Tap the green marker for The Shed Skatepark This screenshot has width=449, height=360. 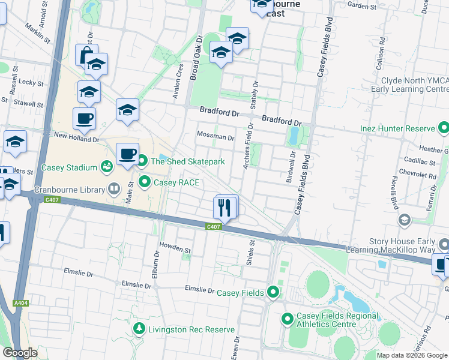pos(142,161)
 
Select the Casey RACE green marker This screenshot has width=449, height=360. pos(145,181)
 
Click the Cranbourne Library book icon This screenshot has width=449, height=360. pos(114,190)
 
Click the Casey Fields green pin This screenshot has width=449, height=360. pos(273,292)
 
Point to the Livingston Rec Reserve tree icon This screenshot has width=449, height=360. pos(139,329)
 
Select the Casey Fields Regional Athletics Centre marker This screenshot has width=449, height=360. pos(288,319)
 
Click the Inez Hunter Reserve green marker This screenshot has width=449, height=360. pos(444,128)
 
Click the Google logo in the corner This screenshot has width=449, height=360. pos(20,353)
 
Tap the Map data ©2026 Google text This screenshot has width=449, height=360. pos(412,355)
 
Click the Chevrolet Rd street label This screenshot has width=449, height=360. pos(420,176)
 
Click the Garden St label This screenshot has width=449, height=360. pos(361,7)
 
